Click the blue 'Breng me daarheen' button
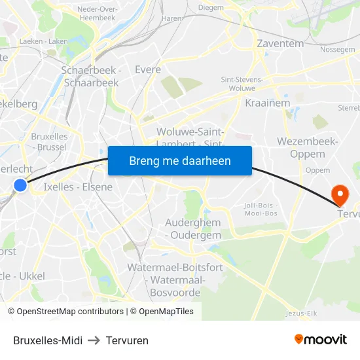coord(180,160)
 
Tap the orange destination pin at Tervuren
coord(340,194)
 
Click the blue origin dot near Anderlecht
coord(20,185)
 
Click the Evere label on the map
coord(148,69)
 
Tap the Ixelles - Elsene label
coord(78,187)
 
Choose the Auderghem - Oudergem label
coord(192,230)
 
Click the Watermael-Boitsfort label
coord(175,267)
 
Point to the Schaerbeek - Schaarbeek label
coord(91,76)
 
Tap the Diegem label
coord(210,7)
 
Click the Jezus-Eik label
coord(302,314)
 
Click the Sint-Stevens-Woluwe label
coord(242,83)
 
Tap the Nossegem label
coord(338,49)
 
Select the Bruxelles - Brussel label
coord(49,142)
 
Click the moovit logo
coord(321,340)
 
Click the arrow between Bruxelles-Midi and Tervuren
coord(94,340)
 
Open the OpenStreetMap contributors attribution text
coord(65,312)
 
